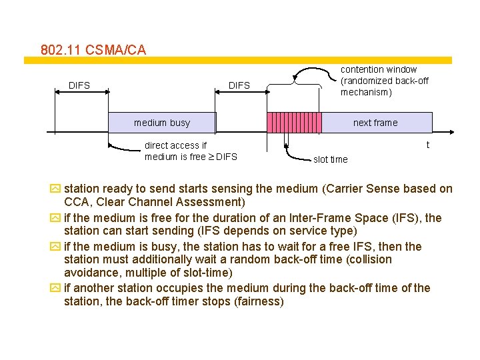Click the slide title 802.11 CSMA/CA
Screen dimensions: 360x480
click(93, 50)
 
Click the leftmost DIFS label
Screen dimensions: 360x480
click(79, 85)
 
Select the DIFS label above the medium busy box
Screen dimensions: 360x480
click(239, 85)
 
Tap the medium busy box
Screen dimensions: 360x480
click(162, 123)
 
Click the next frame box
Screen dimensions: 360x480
click(375, 123)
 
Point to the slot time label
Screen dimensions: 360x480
click(330, 159)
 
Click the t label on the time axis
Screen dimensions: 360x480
click(427, 145)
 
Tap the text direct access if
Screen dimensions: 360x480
click(175, 145)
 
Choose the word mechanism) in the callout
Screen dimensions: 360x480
click(367, 93)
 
